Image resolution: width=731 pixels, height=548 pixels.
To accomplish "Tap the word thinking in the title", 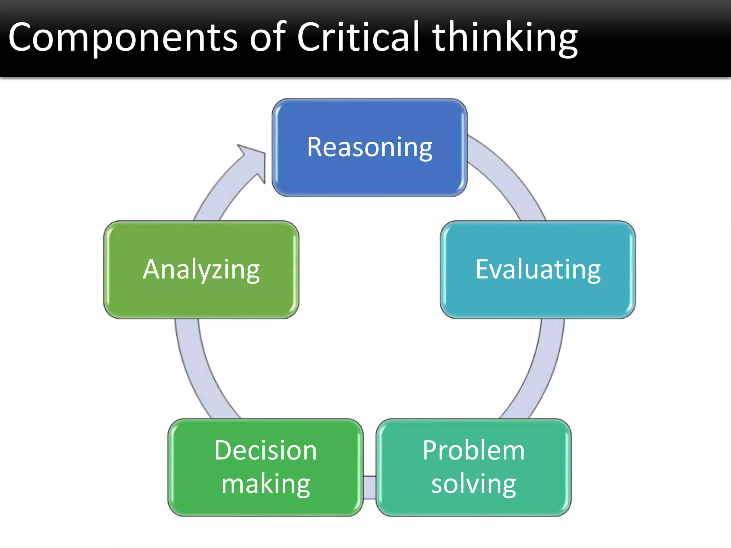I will pos(505,38).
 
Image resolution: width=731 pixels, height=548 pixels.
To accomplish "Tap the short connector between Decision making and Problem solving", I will pos(370,487).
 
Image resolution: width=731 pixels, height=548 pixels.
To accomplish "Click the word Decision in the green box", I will pos(265,450).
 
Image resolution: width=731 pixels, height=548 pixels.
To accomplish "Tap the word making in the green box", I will pos(265,484).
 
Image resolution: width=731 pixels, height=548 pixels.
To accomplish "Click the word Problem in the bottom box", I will pos(473,450).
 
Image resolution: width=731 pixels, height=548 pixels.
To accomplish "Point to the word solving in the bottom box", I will pos(473,484).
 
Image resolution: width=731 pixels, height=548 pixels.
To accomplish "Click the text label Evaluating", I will pos(538,269).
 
